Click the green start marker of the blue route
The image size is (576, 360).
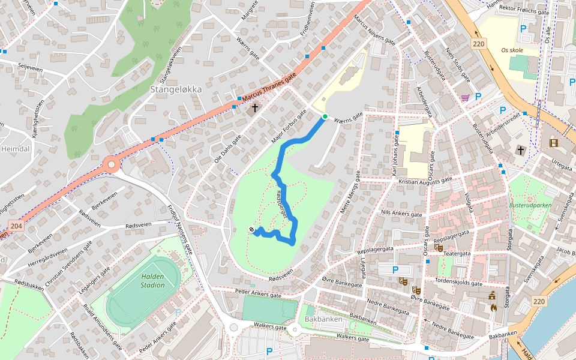[325, 116]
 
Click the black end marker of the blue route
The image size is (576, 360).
[252, 229]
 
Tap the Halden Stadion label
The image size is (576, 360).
[152, 281]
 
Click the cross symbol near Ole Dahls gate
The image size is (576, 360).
[255, 108]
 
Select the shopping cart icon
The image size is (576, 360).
[465, 97]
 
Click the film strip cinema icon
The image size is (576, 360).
[553, 143]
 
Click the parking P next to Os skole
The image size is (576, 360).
[523, 28]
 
